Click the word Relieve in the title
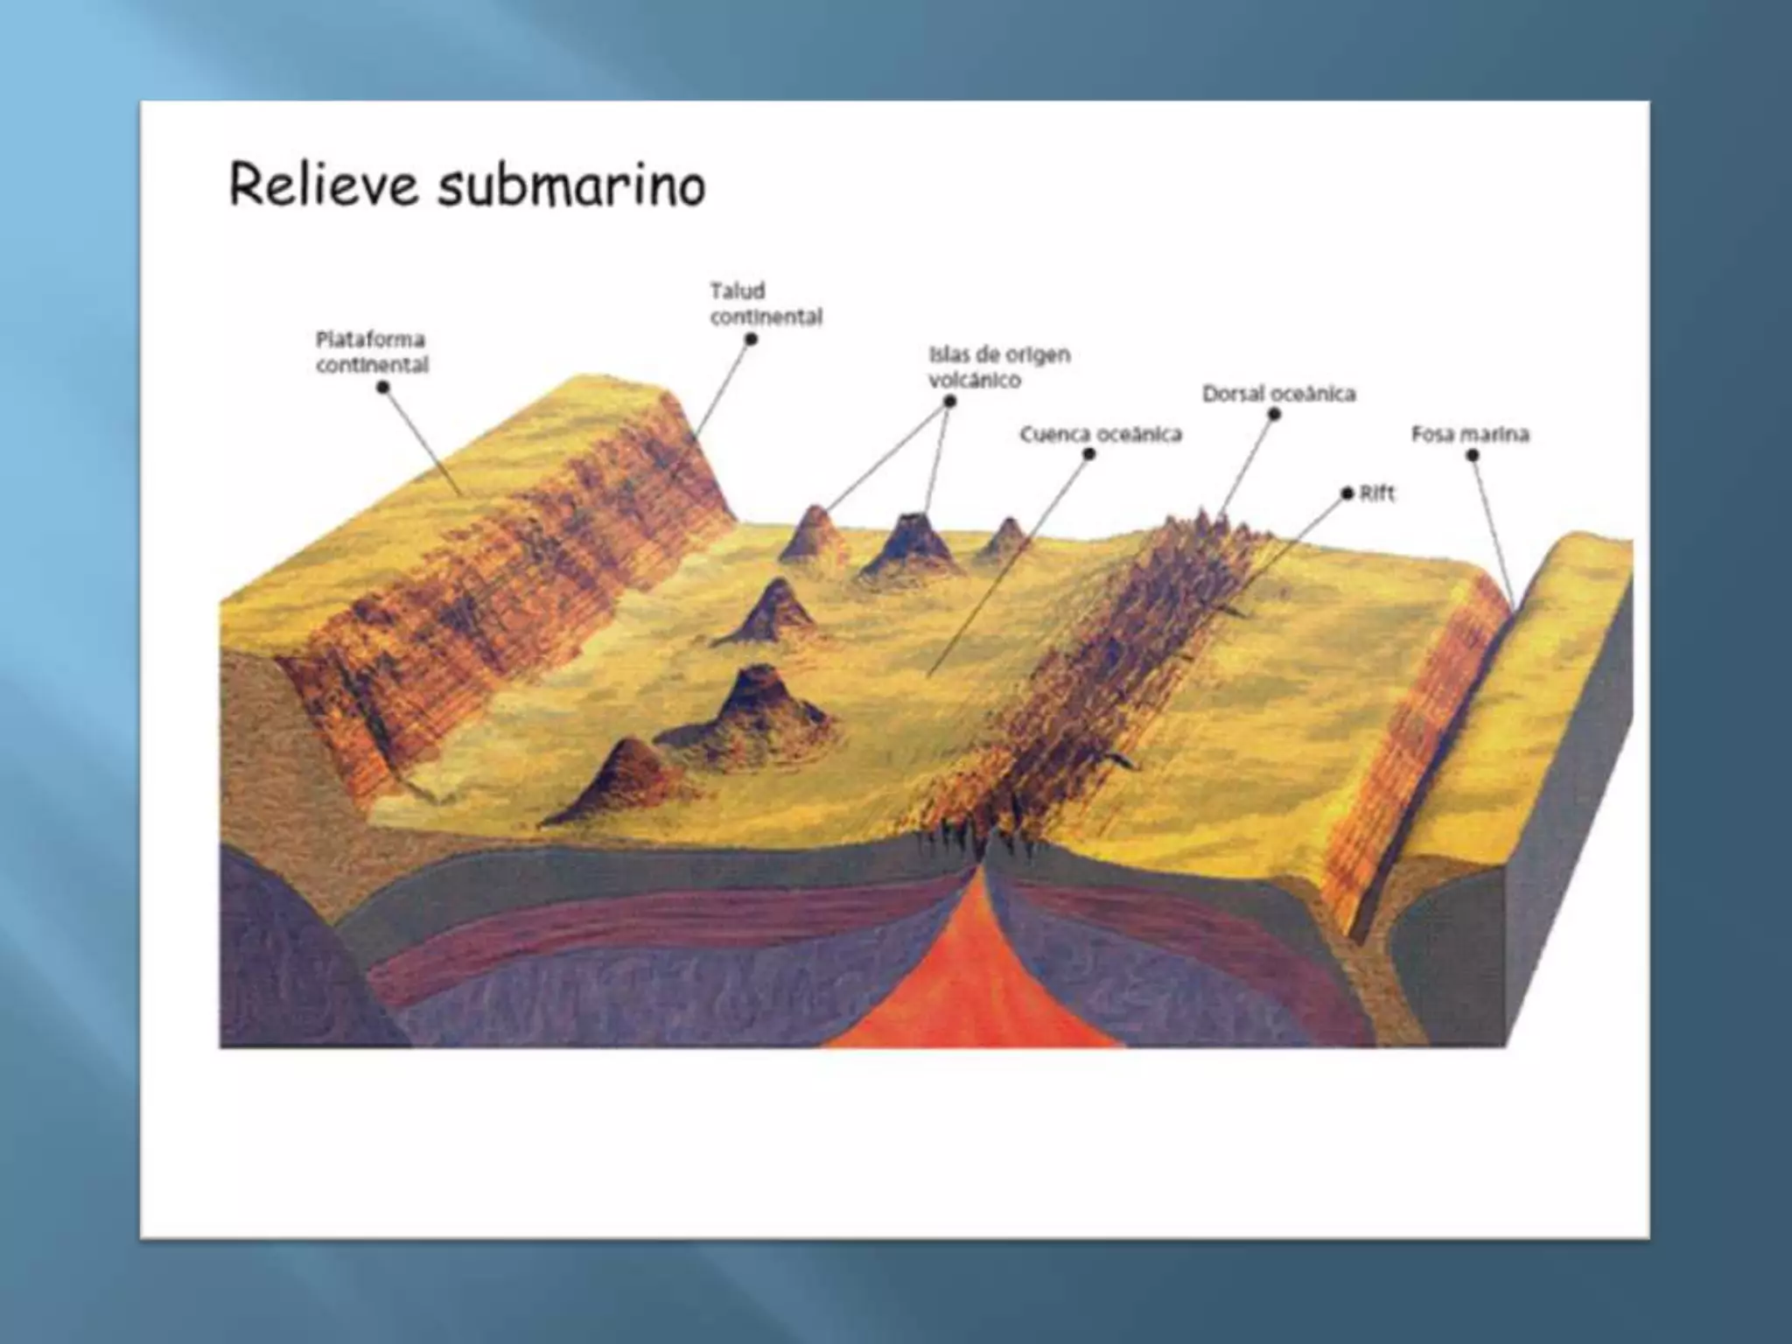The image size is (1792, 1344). [x=323, y=185]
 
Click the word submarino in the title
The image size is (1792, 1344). [x=570, y=185]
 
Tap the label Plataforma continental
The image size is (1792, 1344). [x=372, y=352]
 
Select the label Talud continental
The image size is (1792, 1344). [x=766, y=304]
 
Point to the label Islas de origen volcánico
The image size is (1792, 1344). [x=998, y=367]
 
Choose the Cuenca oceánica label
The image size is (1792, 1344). [x=1100, y=434]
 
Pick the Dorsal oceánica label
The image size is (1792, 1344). [x=1278, y=394]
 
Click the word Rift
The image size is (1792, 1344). [x=1377, y=493]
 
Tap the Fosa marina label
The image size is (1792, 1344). [x=1470, y=434]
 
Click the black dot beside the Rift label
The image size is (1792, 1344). [x=1347, y=494]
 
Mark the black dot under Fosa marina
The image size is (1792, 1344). [x=1473, y=456]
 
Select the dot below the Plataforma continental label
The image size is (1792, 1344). [x=382, y=388]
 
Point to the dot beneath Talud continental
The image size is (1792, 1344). [x=751, y=339]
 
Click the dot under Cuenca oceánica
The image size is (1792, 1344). [x=1088, y=454]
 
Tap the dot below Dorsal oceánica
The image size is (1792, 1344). [x=1274, y=414]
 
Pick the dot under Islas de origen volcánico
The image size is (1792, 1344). [x=950, y=402]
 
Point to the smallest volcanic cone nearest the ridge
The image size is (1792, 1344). [x=1006, y=536]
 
